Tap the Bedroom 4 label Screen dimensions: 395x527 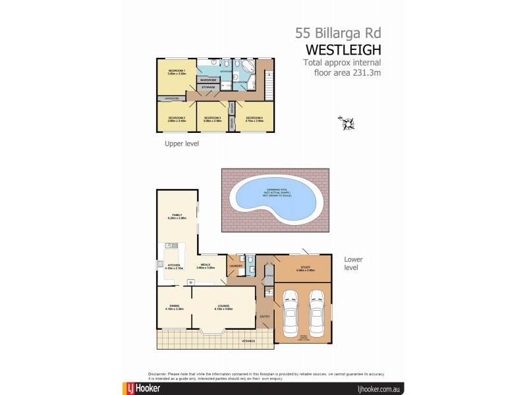(x=254, y=119)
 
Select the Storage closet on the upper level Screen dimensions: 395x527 (x=208, y=87)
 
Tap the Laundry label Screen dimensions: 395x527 (x=235, y=266)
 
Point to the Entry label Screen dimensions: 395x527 (x=265, y=317)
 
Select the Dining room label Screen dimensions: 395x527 (x=175, y=307)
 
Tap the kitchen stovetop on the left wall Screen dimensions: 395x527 (x=160, y=265)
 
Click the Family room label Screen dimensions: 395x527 (x=177, y=216)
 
